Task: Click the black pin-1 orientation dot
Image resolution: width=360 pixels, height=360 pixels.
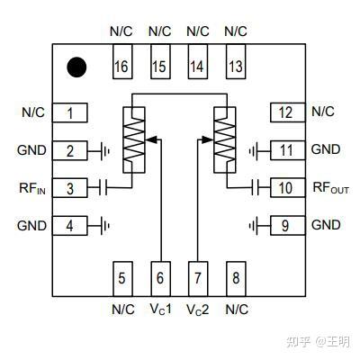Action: point(76,67)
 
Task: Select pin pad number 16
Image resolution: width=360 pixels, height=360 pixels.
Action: point(122,62)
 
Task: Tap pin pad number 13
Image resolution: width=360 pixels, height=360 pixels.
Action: point(236,62)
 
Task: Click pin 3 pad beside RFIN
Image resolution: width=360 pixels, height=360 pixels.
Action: point(70,188)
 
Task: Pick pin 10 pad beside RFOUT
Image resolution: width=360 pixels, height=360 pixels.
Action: point(288,188)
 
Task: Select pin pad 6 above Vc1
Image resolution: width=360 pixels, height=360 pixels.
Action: point(160,279)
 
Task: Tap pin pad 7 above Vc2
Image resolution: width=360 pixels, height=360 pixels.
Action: point(198,279)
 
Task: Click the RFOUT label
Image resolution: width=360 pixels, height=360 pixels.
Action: point(331,188)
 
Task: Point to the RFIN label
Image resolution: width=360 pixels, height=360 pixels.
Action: point(32,188)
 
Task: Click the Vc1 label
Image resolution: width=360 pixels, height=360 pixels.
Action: point(161,309)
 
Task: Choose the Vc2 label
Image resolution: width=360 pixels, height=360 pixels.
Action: point(198,310)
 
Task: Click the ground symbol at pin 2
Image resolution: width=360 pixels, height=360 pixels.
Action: point(104,150)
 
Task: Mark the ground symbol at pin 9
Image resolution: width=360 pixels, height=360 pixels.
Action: point(254,226)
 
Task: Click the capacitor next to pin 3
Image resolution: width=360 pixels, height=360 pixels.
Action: point(103,188)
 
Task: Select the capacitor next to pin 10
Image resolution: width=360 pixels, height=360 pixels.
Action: point(256,188)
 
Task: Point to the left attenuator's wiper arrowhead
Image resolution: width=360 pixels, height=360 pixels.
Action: point(151,139)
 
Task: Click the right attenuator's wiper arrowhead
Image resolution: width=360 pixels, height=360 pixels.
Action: point(208,139)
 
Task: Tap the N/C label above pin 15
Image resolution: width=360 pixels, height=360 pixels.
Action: point(160,31)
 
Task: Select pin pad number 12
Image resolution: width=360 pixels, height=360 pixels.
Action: point(288,112)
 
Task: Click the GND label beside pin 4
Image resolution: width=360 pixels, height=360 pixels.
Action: point(31,226)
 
